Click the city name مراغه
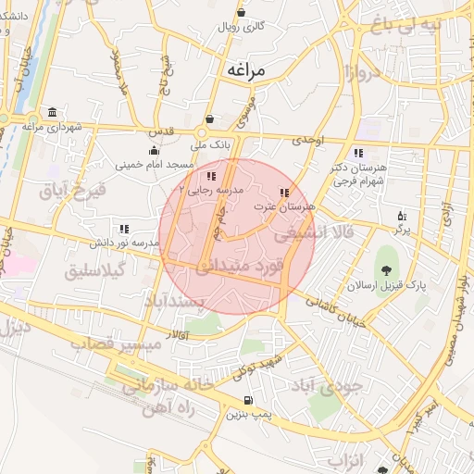244,69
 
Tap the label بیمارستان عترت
290,205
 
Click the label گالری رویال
242,26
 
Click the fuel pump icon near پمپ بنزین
247,400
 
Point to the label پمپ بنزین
247,414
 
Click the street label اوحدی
309,141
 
